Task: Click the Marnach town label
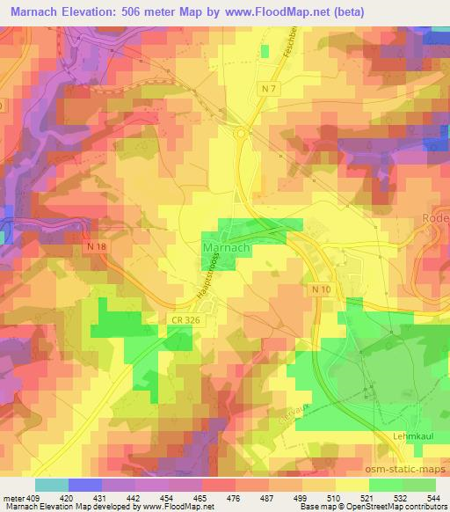228,249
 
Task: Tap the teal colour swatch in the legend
52,485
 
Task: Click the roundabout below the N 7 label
241,134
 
